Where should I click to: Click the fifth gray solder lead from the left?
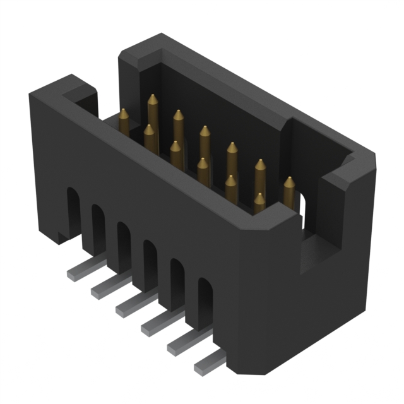(181, 347)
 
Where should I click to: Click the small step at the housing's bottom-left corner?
(61, 237)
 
